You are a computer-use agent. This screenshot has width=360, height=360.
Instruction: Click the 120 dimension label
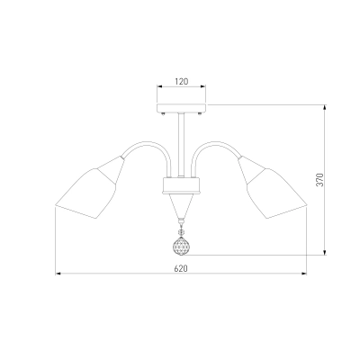[182, 81]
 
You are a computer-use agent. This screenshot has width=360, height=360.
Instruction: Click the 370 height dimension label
[320, 180]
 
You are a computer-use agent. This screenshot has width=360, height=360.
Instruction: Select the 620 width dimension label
[181, 268]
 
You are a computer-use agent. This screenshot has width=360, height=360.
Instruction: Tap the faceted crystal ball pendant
[181, 246]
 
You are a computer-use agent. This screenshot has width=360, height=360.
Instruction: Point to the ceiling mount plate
[182, 108]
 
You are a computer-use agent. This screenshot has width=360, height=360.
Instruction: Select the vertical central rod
[181, 145]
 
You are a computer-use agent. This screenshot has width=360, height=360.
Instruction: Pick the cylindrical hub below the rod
[181, 185]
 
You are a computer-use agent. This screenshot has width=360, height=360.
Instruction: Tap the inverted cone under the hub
[181, 206]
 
